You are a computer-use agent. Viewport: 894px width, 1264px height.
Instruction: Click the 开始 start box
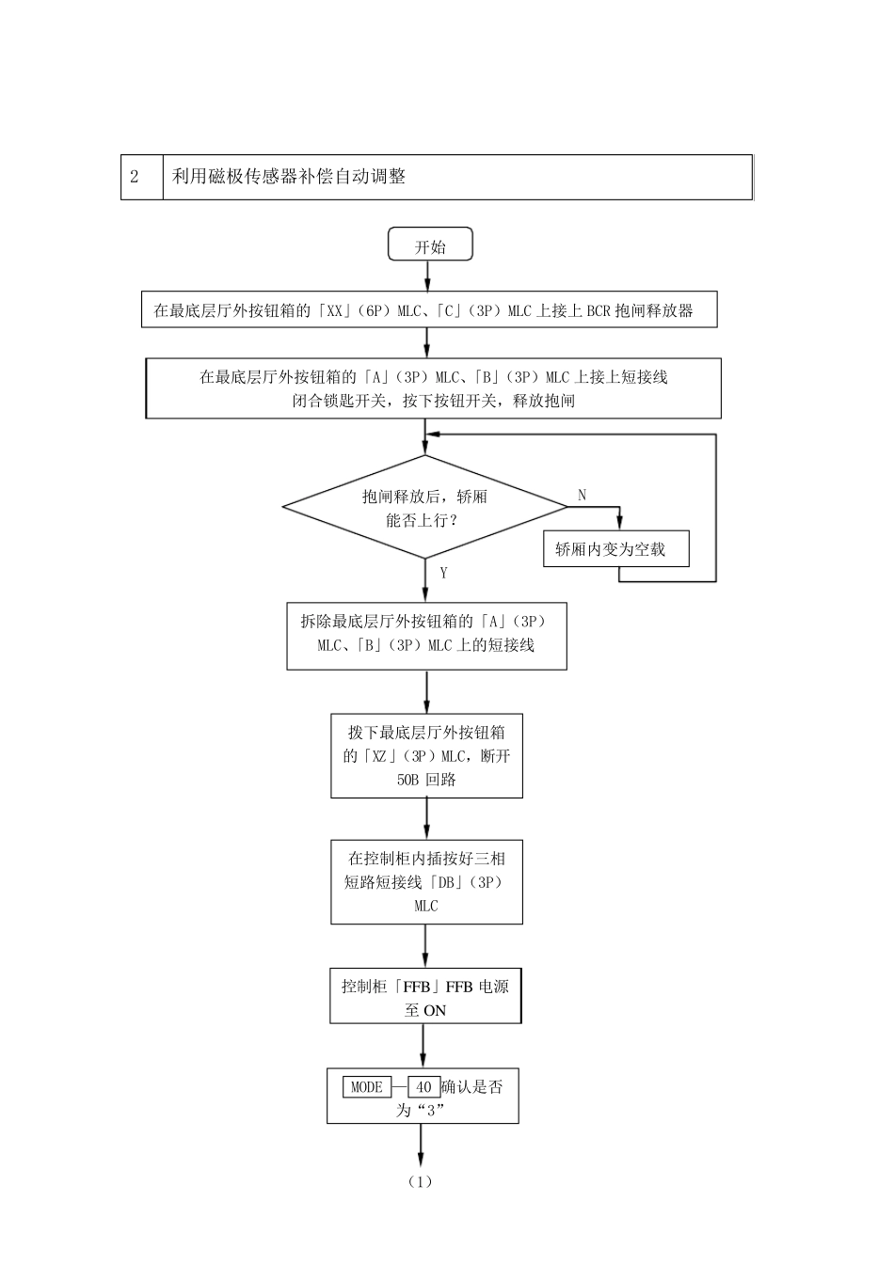(430, 246)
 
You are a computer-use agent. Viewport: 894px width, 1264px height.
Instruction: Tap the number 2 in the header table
(135, 177)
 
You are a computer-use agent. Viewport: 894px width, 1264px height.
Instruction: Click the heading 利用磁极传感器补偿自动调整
(289, 177)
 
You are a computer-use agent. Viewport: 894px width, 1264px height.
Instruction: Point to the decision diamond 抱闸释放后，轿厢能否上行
(425, 508)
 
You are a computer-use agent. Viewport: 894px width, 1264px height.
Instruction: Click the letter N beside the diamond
(582, 495)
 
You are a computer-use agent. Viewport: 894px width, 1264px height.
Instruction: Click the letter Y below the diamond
(443, 573)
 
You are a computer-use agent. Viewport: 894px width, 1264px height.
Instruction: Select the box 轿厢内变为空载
(615, 550)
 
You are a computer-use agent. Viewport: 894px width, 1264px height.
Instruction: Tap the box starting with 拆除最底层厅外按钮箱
(426, 635)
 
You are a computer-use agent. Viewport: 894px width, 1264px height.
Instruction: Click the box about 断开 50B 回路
(426, 756)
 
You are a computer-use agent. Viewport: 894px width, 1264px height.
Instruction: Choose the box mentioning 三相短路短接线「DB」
(426, 882)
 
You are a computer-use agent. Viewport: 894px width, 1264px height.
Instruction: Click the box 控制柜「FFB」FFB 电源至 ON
(425, 998)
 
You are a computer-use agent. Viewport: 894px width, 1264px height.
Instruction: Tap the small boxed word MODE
(367, 1087)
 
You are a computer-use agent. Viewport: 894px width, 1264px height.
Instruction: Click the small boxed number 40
(423, 1087)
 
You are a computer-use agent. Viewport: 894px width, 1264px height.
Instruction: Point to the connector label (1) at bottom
(420, 1182)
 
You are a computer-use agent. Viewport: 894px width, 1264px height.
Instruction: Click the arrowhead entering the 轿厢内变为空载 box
(619, 527)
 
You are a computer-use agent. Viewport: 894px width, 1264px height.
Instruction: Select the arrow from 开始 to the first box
(428, 276)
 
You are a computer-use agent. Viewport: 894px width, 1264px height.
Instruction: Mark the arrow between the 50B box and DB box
(426, 818)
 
